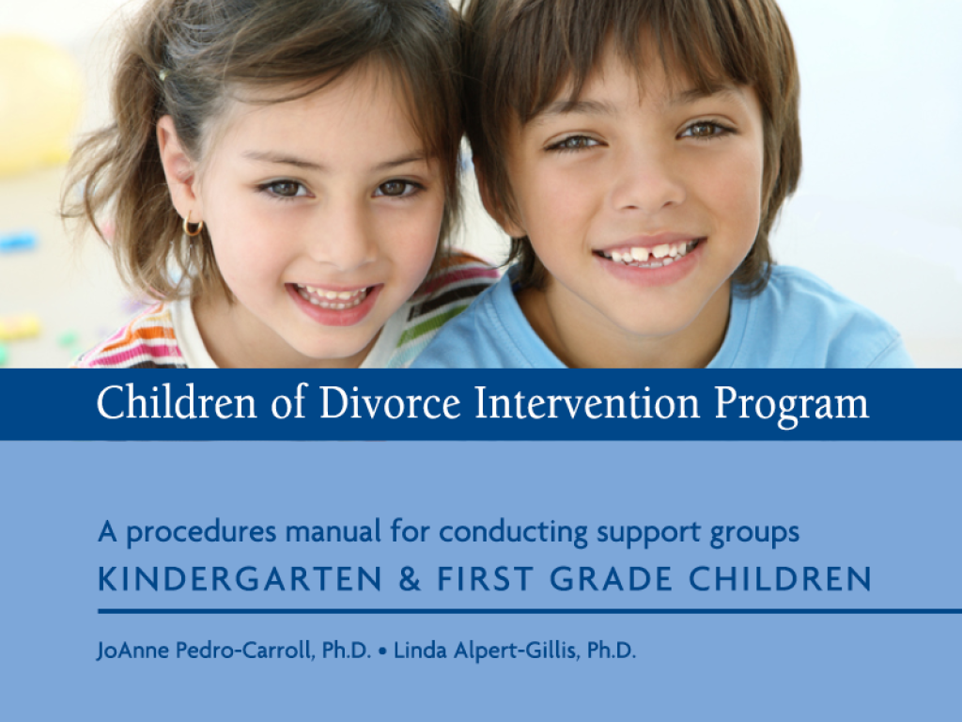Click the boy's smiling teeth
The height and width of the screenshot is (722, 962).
click(649, 253)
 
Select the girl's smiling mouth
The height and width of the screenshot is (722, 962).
click(334, 301)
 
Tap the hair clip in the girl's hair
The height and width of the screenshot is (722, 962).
click(163, 75)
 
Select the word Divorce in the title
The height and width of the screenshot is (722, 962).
click(390, 402)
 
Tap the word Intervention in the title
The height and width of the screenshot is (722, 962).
click(587, 402)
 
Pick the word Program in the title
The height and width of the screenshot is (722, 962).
click(791, 406)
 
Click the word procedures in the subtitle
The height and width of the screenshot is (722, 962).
click(201, 532)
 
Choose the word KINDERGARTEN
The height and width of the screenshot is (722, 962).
click(240, 579)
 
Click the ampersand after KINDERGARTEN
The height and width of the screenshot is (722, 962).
click(410, 579)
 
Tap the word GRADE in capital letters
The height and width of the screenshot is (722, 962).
click(611, 579)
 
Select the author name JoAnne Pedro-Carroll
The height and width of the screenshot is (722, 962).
click(234, 651)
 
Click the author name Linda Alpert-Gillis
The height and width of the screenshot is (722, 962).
click(515, 651)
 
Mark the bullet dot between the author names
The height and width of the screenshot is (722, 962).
click(383, 651)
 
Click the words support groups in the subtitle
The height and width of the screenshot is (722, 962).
click(698, 532)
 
